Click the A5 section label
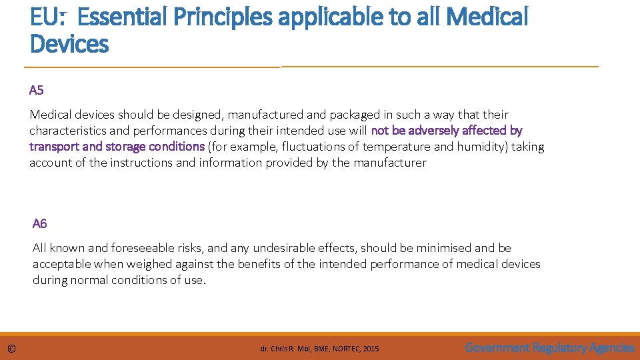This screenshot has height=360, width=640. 36,90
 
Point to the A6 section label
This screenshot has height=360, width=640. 39,223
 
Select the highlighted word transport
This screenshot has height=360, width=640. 53,147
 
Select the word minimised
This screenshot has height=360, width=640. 446,248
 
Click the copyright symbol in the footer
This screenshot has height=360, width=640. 11,349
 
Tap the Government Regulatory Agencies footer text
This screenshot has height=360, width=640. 549,347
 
